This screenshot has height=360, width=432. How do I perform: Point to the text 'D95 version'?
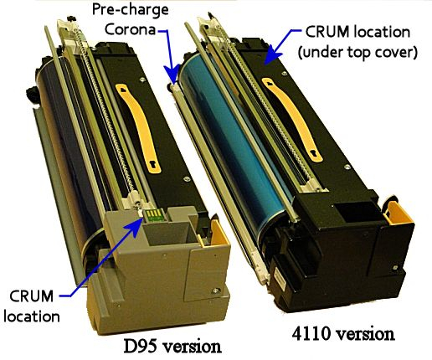(172, 346)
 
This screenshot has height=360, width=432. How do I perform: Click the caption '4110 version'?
(343, 333)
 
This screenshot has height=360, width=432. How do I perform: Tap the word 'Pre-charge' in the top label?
(131, 10)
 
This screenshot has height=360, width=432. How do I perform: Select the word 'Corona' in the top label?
(130, 29)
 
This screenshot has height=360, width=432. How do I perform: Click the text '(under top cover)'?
(357, 52)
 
